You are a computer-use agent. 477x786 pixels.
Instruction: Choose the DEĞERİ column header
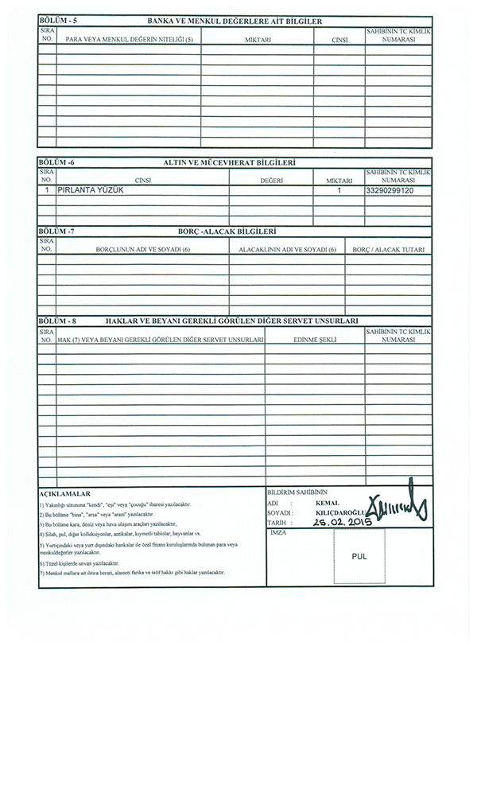click(x=271, y=181)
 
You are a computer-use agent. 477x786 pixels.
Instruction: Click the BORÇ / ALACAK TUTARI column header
click(x=389, y=249)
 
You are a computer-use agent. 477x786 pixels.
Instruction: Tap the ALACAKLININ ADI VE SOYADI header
click(x=287, y=249)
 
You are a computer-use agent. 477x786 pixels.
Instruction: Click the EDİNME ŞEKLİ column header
click(x=315, y=339)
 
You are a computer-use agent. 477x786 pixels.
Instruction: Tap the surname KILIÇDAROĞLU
click(x=339, y=513)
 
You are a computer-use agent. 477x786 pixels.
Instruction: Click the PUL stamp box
click(x=359, y=557)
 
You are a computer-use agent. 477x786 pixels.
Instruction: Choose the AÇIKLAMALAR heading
click(x=64, y=493)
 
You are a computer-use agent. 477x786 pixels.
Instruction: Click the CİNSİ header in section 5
click(x=337, y=38)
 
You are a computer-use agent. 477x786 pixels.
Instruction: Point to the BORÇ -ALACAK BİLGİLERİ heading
click(x=227, y=231)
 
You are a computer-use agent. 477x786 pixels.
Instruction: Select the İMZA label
click(x=277, y=532)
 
